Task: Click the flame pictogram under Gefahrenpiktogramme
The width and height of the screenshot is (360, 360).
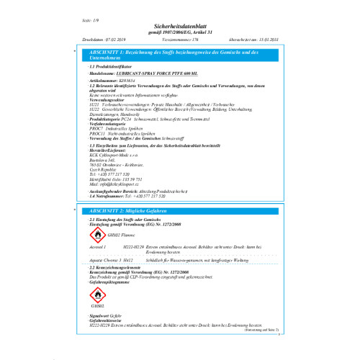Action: pyautogui.click(x=99, y=295)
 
